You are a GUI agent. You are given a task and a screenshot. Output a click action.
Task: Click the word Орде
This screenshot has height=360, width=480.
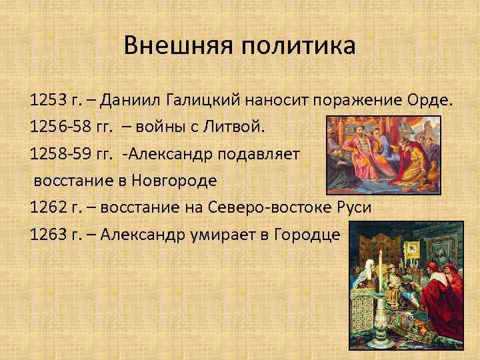pyautogui.click(x=430, y=101)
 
